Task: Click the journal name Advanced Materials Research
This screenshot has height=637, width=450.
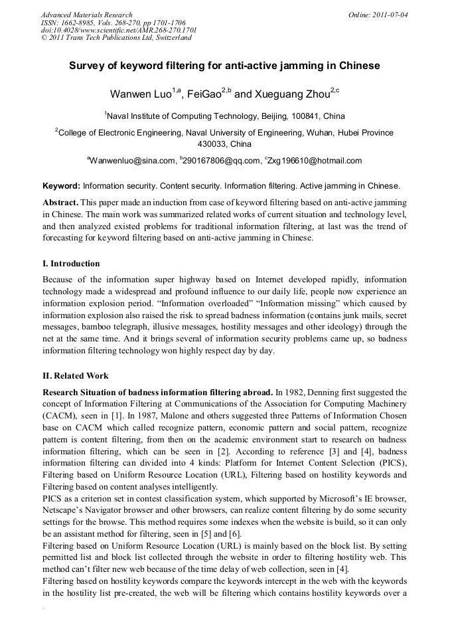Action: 86,15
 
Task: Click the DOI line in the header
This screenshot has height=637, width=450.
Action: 119,30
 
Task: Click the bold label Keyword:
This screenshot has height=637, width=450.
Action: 61,186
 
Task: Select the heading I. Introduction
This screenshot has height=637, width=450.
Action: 71,264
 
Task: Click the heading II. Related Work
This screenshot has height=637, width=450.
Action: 75,375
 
